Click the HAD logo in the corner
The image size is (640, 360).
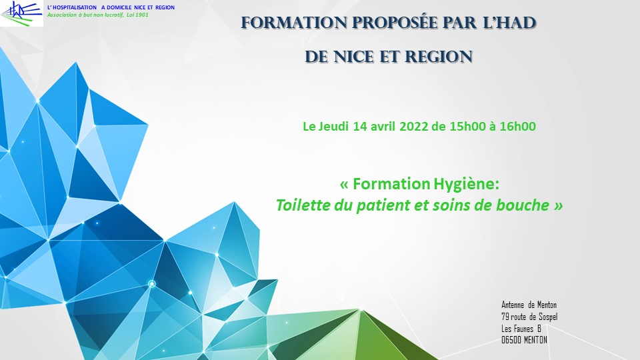pos(21,13)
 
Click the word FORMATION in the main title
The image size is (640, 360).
pos(294,23)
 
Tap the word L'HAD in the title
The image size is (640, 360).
pos(509,23)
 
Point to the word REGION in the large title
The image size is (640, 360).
pos(439,57)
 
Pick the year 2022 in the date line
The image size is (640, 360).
pos(413,127)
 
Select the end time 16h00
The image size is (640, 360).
pos(517,127)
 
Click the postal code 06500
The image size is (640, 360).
pos(511,340)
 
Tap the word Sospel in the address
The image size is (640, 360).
pos(548,317)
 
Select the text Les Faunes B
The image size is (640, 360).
pos(521,329)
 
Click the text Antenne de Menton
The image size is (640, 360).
pos(529,305)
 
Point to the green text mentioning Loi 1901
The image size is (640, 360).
pos(98,15)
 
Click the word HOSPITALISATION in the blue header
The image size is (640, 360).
pos(75,7)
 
